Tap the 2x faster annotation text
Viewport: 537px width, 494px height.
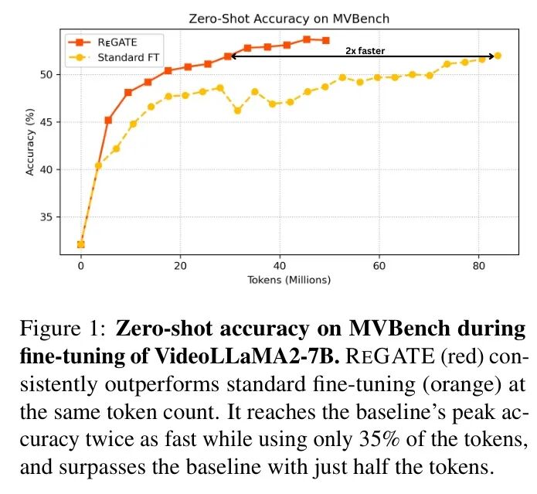(365, 51)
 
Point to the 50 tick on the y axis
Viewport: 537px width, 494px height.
(47, 75)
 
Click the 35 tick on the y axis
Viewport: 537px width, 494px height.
(47, 217)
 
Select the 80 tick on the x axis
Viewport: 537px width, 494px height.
(479, 264)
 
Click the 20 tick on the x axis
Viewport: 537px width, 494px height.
(180, 264)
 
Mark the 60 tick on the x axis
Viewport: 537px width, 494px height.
(379, 264)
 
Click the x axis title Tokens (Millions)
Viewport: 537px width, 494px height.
(289, 279)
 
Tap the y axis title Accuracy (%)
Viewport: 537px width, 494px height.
(30, 141)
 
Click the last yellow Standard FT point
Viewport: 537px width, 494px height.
(498, 56)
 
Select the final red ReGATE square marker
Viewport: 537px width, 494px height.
(325, 40)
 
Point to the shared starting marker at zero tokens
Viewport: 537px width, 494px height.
(80, 244)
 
